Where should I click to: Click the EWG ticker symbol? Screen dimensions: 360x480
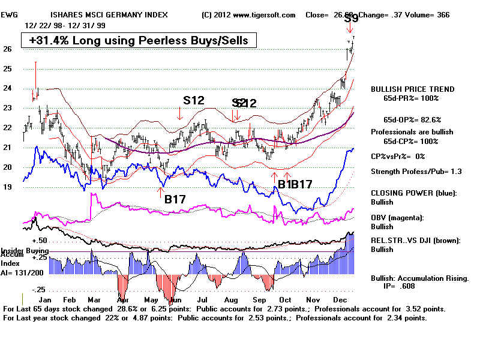pos(13,14)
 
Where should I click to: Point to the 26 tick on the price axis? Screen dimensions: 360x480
pos(7,49)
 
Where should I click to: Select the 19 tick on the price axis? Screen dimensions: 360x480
pos(7,187)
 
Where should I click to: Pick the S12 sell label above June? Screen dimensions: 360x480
pos(194,100)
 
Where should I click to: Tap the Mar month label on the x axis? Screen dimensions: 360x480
pos(93,298)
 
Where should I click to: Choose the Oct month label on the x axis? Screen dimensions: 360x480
pos(285,298)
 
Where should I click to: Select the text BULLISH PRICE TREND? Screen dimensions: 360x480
pos(413,89)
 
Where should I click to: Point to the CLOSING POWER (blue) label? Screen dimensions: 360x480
pos(413,193)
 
